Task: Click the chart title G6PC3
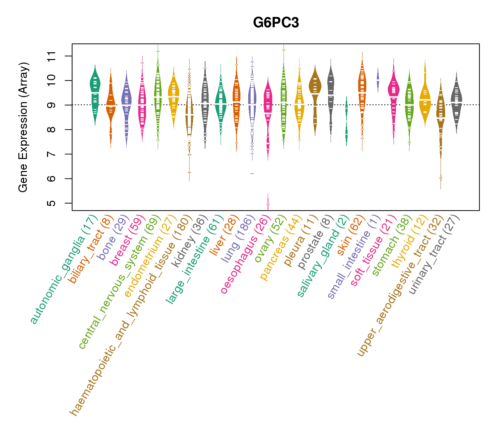276,23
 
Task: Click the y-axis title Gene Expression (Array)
23,127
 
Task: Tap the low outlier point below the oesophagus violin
268,204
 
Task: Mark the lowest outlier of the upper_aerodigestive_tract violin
441,177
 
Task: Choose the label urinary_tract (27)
435,254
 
